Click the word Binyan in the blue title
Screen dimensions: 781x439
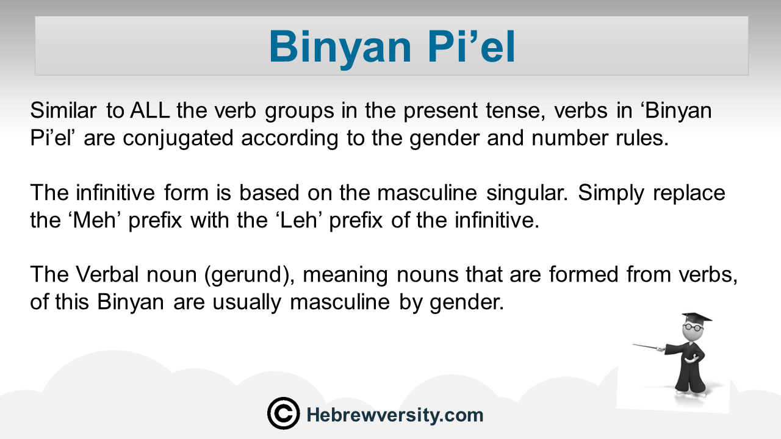click(x=340, y=48)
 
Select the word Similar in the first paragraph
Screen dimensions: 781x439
click(x=63, y=110)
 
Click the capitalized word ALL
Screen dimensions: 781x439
click(x=150, y=110)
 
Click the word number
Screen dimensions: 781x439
click(x=570, y=138)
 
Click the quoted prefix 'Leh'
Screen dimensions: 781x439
click(x=298, y=220)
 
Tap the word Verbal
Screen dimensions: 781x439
click(x=107, y=274)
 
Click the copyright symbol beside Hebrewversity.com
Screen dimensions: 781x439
click(x=284, y=413)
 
